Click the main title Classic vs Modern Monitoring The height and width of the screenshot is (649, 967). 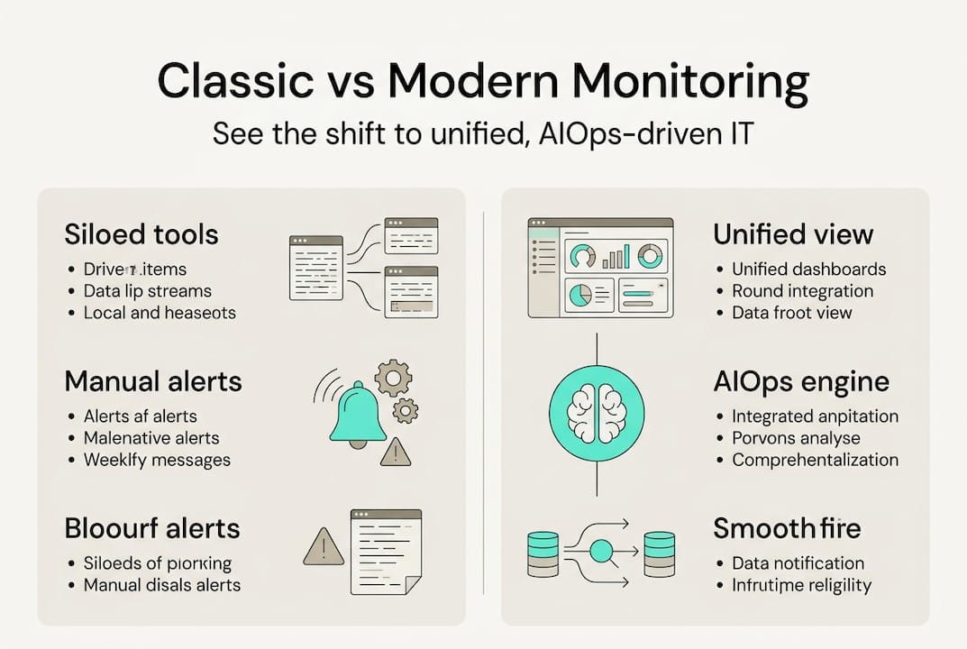tap(483, 82)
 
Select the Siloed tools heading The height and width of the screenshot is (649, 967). tap(141, 234)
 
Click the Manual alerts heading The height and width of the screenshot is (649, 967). tap(153, 381)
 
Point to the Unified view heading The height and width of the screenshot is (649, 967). tap(793, 234)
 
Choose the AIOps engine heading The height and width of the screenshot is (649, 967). tap(801, 381)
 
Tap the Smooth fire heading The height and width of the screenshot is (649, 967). tap(787, 528)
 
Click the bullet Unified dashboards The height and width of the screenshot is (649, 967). tap(808, 270)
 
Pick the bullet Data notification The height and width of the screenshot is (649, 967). tap(798, 563)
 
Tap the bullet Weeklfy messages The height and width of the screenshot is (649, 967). tap(157, 460)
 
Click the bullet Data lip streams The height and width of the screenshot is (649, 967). tap(147, 291)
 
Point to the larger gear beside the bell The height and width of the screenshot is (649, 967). tap(393, 378)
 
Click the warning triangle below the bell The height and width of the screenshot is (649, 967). tap(395, 452)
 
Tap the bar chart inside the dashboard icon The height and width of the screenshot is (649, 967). tap(616, 258)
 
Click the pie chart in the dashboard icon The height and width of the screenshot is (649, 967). tap(579, 295)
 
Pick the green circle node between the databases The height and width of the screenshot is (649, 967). tap(600, 550)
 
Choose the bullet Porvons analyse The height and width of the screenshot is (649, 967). tap(796, 438)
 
